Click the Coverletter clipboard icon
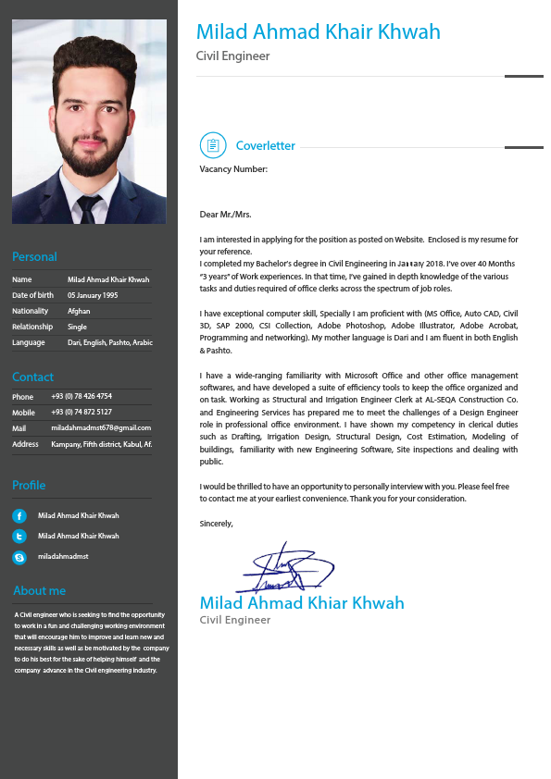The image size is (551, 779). click(213, 145)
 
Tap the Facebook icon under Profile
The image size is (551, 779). click(19, 515)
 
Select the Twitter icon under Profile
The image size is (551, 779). click(19, 536)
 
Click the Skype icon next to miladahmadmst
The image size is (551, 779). click(19, 557)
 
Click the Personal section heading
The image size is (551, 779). click(34, 256)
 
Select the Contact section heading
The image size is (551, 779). click(32, 377)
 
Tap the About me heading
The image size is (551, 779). click(39, 590)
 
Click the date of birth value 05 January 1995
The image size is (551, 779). click(93, 295)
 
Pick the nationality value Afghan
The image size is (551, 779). click(79, 311)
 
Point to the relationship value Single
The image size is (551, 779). click(77, 327)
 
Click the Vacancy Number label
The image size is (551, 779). click(233, 169)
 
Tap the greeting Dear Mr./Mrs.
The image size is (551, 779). click(225, 214)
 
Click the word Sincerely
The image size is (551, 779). click(217, 524)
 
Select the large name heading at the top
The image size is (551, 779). click(318, 32)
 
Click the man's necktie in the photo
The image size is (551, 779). click(90, 209)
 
